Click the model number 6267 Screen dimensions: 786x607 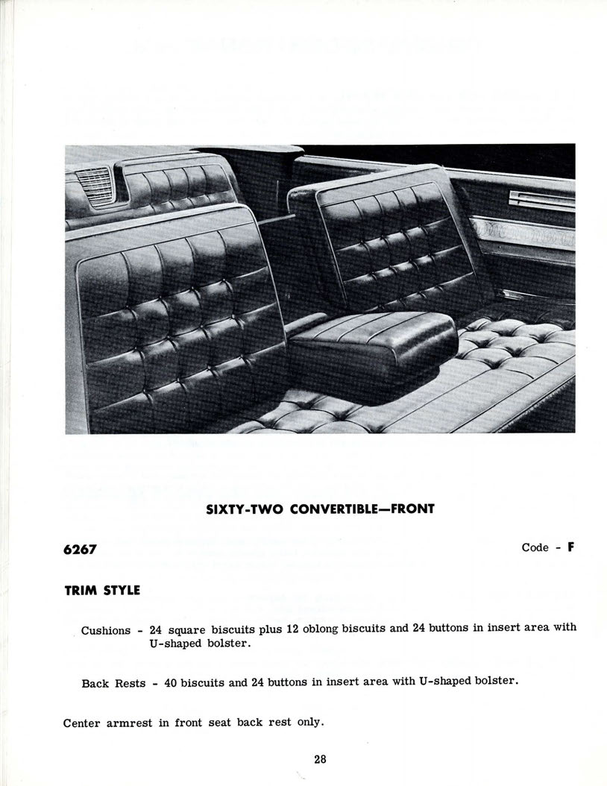coord(80,550)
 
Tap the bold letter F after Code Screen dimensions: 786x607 coord(570,547)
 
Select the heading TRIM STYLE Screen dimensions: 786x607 coord(102,590)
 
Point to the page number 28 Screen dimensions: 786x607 coord(320,759)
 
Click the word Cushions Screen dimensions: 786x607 coord(106,630)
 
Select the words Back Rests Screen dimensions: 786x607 coord(113,683)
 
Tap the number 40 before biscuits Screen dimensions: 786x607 coord(170,682)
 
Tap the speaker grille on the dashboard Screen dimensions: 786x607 coord(95,183)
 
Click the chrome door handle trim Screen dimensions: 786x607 coord(542,198)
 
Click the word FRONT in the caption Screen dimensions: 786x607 coord(410,509)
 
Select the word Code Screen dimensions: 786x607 coord(535,547)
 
